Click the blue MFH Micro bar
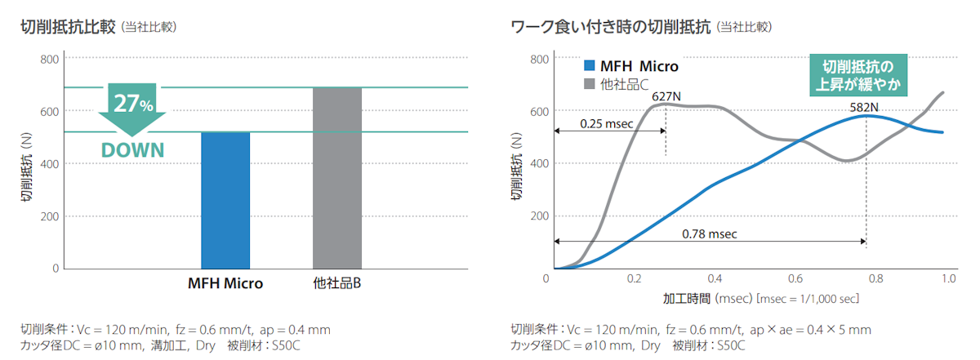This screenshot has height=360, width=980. point(225,200)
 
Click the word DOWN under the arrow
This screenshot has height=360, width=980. point(132,150)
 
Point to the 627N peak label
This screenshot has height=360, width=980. point(666,96)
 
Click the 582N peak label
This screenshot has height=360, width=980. point(865,105)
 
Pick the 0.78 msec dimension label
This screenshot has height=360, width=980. point(710,233)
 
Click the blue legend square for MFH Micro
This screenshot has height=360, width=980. point(589,66)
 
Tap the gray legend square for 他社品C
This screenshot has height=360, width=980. point(589,83)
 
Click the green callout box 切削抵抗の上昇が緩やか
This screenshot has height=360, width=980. point(864,74)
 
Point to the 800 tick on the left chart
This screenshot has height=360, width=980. point(49,59)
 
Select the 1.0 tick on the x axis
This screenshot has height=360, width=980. point(949,279)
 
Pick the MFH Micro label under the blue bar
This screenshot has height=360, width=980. point(225,284)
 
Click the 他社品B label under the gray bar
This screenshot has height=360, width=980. point(337,284)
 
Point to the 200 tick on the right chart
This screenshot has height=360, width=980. point(539,216)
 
